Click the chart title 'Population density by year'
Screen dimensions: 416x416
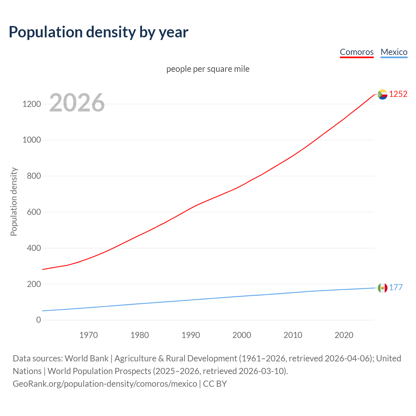(x=98, y=32)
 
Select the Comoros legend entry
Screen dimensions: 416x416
(x=357, y=52)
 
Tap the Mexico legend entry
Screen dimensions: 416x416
(x=394, y=52)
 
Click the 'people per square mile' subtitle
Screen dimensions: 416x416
(x=208, y=69)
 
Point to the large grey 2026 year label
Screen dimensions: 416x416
(x=77, y=103)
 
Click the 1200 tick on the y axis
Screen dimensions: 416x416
(x=32, y=104)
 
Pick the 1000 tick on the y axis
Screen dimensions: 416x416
(x=32, y=140)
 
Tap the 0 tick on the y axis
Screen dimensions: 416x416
(x=39, y=320)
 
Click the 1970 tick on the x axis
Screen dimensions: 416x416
(x=88, y=335)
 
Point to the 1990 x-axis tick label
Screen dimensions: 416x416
(x=191, y=335)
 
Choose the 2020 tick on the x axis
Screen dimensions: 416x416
(x=344, y=335)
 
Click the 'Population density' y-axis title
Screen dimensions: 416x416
(x=14, y=201)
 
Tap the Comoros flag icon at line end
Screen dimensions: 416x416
(x=383, y=94)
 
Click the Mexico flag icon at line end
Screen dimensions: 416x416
(x=383, y=288)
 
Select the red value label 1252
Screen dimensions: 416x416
(x=398, y=94)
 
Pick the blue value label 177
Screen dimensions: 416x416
(x=396, y=287)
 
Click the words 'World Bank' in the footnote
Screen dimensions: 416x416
(x=86, y=358)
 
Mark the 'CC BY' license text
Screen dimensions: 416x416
(x=215, y=383)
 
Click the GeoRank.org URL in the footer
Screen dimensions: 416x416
(x=105, y=383)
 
